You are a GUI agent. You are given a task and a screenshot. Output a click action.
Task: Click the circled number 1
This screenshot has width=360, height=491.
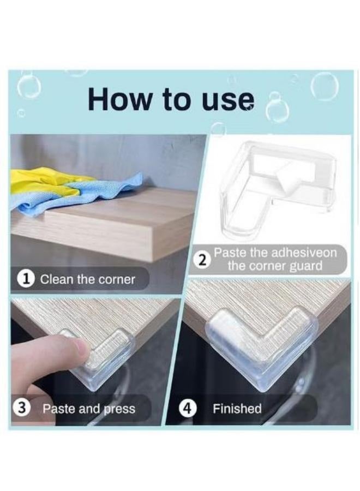28,278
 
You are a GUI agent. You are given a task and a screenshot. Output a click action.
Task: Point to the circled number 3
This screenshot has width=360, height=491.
20,408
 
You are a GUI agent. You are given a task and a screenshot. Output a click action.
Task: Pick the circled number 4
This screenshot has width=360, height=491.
188,408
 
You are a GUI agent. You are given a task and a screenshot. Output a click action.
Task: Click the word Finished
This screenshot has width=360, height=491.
237,408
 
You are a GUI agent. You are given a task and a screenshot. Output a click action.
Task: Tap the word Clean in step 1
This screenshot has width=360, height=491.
56,279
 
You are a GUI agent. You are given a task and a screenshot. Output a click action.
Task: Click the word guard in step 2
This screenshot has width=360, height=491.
306,266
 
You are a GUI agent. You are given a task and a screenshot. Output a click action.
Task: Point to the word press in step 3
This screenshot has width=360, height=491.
119,409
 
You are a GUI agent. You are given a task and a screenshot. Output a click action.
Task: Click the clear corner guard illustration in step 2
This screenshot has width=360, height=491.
279,188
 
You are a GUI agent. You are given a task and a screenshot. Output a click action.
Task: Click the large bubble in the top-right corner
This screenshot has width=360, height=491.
325,87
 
